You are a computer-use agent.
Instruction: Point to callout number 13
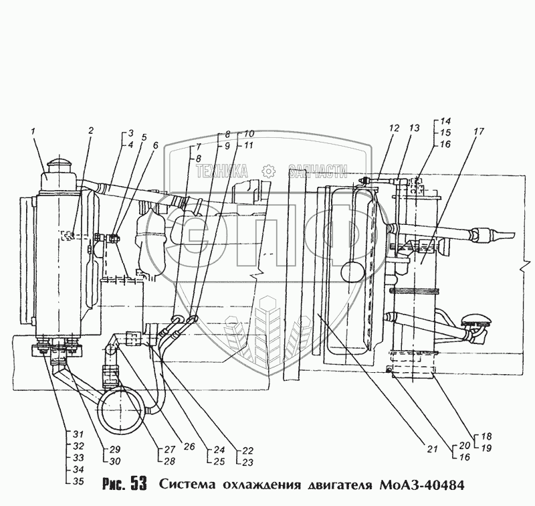coord(415,127)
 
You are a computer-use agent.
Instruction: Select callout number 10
coord(249,134)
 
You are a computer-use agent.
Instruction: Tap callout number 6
coord(156,145)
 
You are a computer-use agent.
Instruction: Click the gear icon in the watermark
coord(267,171)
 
